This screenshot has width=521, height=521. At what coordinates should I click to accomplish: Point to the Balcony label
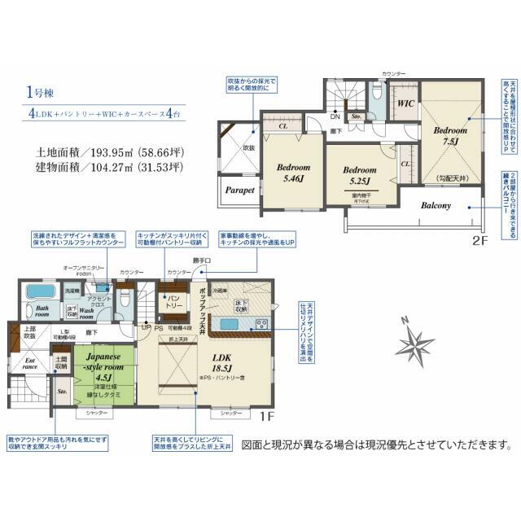pyautogui.click(x=436, y=205)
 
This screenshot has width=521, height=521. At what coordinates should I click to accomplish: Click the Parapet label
pyautogui.click(x=217, y=190)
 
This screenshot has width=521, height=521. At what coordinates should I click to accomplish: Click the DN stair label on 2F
pyautogui.click(x=335, y=116)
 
